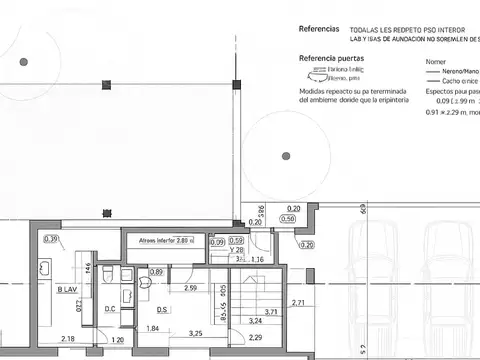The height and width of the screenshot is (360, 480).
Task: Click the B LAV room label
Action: (68, 290)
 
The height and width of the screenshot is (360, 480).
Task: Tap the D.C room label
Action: (111, 308)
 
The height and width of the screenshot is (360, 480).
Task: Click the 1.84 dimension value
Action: (153, 329)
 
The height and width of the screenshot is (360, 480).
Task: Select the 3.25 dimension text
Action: (196, 333)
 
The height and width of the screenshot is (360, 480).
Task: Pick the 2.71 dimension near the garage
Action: (298, 302)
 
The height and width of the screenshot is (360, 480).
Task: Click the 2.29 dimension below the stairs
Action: (256, 338)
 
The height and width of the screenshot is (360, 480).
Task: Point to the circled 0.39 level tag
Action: (52, 238)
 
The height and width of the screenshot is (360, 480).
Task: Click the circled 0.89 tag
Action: (156, 271)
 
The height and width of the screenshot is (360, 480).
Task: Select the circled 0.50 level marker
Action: (288, 219)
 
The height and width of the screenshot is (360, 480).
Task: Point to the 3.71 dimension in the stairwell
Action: (270, 313)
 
